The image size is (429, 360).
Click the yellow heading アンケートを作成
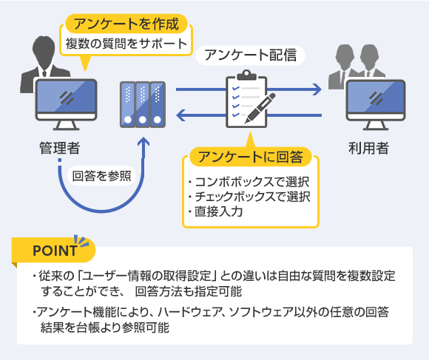click(126, 24)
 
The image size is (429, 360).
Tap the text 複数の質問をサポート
click(126, 44)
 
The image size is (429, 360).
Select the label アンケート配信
click(250, 55)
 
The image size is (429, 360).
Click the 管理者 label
click(60, 148)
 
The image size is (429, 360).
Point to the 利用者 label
click(368, 148)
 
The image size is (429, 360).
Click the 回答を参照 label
click(102, 176)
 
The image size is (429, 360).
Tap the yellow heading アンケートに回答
click(250, 157)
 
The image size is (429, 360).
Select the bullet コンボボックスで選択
click(249, 182)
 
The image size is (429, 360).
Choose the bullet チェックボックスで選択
click(249, 197)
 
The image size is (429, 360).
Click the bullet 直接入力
click(215, 211)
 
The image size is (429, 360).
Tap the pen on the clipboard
click(260, 108)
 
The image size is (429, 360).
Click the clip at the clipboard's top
click(246, 75)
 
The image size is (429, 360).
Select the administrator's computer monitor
click(67, 104)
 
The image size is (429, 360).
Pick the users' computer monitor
click(376, 104)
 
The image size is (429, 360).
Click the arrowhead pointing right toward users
click(317, 89)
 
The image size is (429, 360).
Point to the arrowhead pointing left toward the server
click(181, 115)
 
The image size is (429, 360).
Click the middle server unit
click(143, 104)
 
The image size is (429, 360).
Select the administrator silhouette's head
click(44, 50)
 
